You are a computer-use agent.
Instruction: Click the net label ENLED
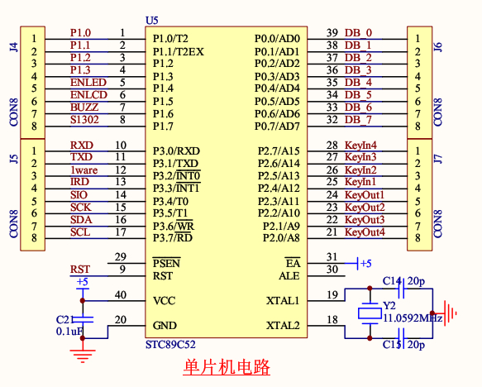pos(88,83)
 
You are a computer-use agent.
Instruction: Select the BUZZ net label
pos(84,107)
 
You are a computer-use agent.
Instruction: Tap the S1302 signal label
pos(84,120)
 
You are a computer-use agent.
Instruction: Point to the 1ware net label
pos(84,170)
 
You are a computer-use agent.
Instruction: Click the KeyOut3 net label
pos(365,220)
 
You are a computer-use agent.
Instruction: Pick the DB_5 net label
pos(358,95)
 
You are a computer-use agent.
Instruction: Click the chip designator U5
pos(152,21)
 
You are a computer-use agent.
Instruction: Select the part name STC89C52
pos(170,345)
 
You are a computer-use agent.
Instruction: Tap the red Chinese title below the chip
pos(227,367)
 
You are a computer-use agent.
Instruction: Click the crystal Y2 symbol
pos(370,313)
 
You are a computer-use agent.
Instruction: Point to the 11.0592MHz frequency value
pos(413,318)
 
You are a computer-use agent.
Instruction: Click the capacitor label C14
pos(392,281)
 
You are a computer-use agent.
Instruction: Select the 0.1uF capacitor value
pos(69,332)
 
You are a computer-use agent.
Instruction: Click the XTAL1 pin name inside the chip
pos(283,300)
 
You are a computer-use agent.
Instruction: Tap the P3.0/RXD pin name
pos(176,151)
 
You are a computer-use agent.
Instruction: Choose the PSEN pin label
pos(167,263)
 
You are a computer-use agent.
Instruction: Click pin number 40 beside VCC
pos(121,294)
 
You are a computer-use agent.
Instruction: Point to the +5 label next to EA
pos(365,264)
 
